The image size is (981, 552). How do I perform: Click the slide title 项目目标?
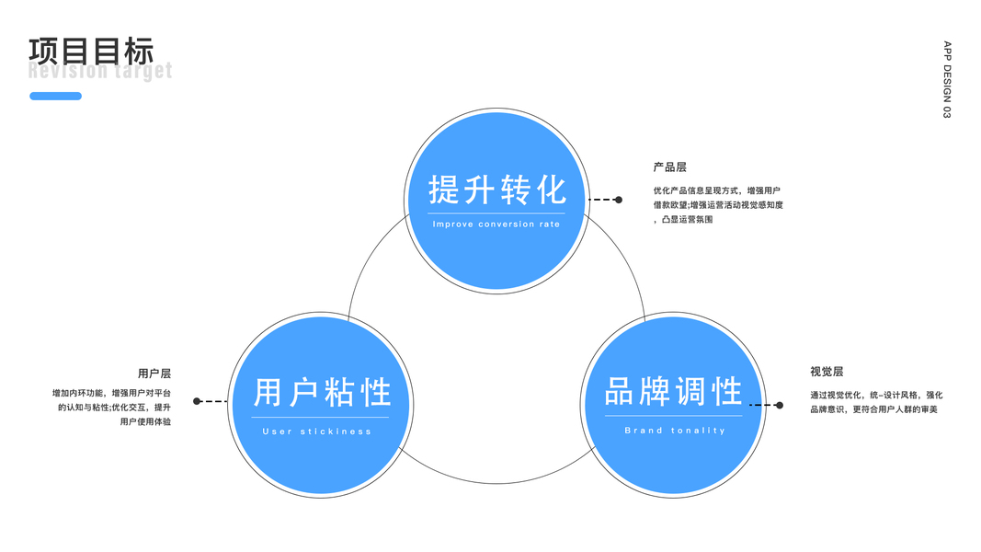coord(91,51)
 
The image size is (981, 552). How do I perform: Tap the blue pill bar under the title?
coord(55,96)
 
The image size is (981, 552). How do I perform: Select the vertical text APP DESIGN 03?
coord(947,79)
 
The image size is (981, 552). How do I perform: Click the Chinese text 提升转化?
coord(497,190)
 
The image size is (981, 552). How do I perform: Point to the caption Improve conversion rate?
coord(496,224)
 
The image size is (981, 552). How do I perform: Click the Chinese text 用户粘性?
coord(323,393)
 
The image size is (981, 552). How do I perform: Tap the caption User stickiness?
coord(317,431)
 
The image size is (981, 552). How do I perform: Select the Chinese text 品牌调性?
coord(674,391)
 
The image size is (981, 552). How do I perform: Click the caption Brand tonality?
coord(675,431)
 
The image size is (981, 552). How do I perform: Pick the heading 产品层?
coord(669,167)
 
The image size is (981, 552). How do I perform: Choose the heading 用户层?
coord(154,374)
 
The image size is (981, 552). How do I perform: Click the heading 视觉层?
coord(827,372)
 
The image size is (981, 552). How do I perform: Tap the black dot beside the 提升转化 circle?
coord(619,200)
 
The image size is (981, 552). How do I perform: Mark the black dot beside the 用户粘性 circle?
coord(197,401)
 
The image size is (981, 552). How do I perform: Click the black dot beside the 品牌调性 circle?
coord(780,405)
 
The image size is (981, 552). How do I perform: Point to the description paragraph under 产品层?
coord(717,205)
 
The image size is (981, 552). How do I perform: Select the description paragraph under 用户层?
coord(112,408)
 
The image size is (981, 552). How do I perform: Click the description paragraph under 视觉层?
coord(875,402)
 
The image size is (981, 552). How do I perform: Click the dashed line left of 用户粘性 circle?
coord(213,401)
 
